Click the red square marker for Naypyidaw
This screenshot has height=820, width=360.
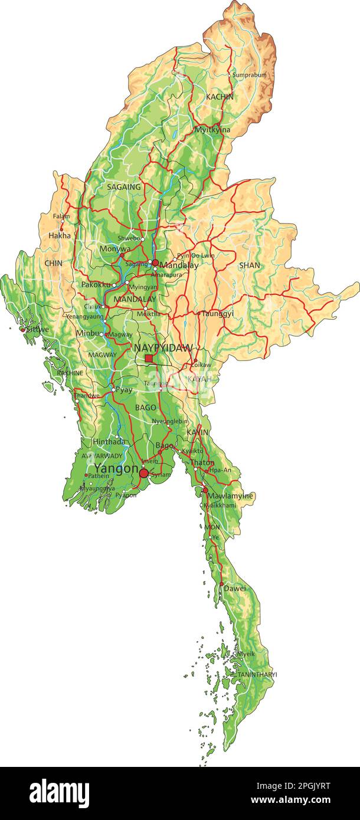click(149, 358)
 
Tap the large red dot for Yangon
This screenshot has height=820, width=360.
click(143, 473)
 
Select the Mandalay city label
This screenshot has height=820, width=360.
click(179, 265)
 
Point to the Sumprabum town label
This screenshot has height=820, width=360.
click(249, 75)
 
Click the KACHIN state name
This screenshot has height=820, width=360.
click(220, 96)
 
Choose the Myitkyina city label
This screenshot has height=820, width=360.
click(212, 130)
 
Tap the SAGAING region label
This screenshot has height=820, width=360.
click(124, 187)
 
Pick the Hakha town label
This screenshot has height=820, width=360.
click(59, 235)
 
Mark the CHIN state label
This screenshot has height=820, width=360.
click(53, 263)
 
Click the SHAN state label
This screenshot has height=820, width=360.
click(249, 265)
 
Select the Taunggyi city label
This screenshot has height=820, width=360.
click(217, 314)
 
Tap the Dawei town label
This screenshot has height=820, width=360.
click(235, 588)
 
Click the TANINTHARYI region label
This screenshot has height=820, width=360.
click(257, 674)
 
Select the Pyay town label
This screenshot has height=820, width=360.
click(124, 390)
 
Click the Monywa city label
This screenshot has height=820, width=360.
click(114, 250)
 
